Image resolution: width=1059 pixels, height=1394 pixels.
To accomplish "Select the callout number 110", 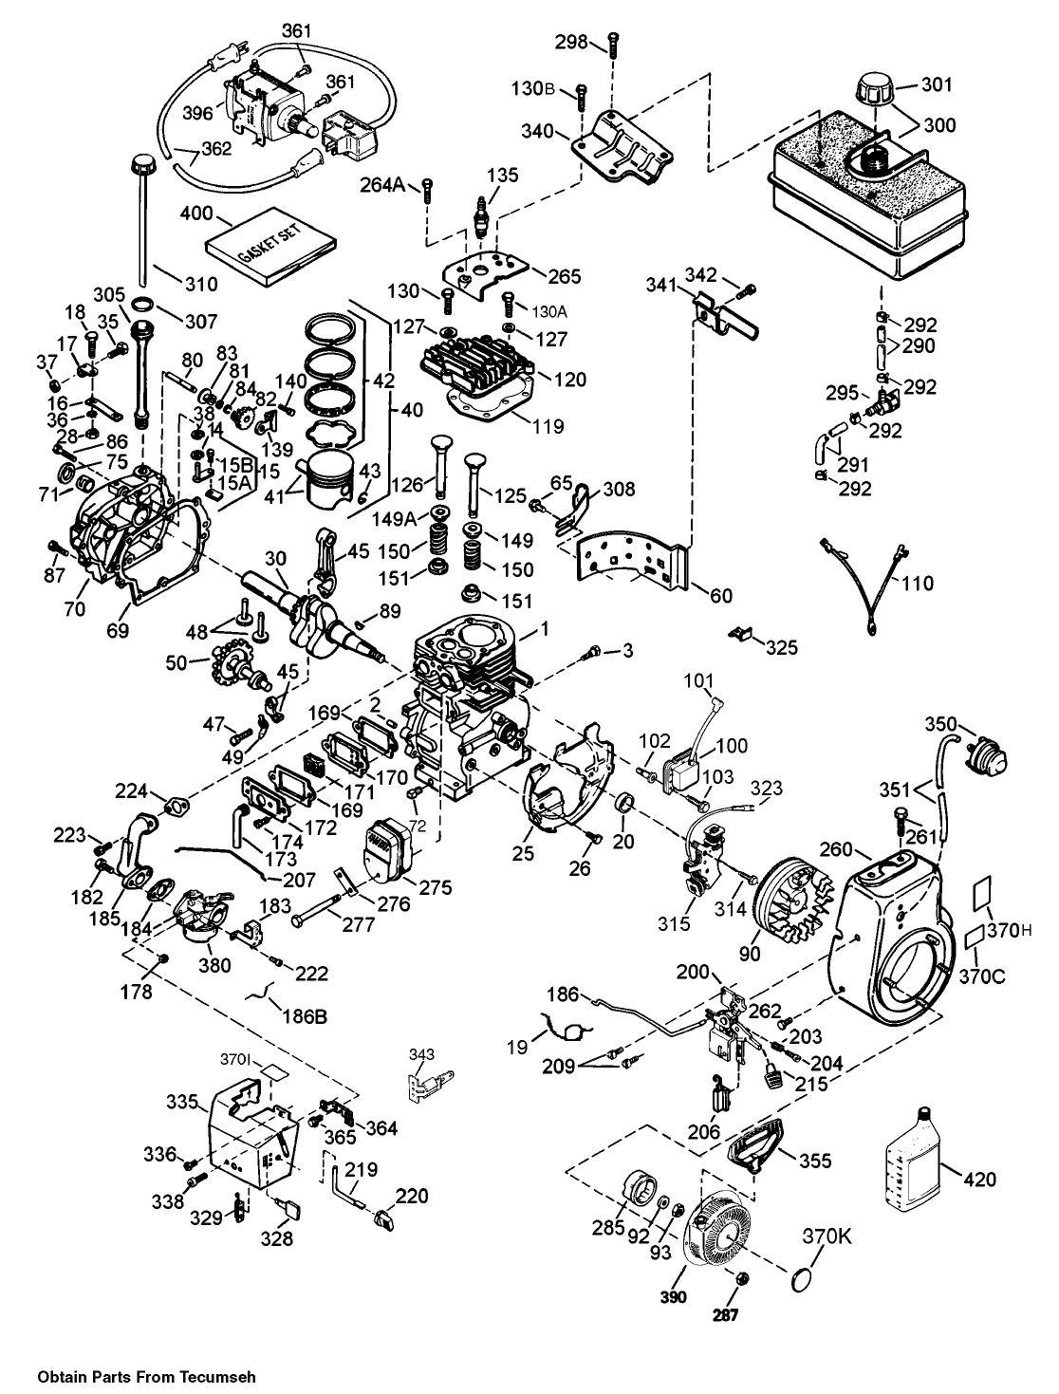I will pyautogui.click(x=918, y=584).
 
